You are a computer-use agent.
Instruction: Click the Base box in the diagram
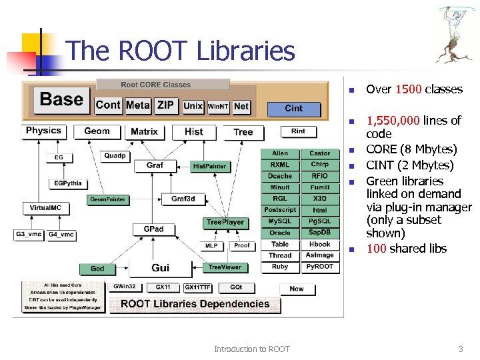coord(62,100)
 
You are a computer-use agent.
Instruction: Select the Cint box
coord(293,108)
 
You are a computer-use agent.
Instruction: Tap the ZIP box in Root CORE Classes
coord(165,105)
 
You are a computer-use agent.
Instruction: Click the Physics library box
coord(43,131)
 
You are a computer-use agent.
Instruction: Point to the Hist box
coord(193,131)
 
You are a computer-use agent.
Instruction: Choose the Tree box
coord(243,132)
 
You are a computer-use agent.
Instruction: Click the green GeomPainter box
coord(107,199)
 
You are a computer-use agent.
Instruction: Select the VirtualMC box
coord(45,208)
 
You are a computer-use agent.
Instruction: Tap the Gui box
coord(160,268)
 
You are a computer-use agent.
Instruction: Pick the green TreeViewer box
coord(225,267)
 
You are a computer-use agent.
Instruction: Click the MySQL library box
coord(280,221)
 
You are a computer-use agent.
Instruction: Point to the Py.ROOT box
coord(320,267)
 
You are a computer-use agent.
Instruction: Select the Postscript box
coord(280,210)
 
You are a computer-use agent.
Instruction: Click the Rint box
coord(298,131)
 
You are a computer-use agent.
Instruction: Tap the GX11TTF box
coord(197,287)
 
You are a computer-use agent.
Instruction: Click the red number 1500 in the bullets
coord(409,89)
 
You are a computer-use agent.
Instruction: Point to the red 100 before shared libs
coord(377,249)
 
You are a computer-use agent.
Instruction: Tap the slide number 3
coord(460,349)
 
